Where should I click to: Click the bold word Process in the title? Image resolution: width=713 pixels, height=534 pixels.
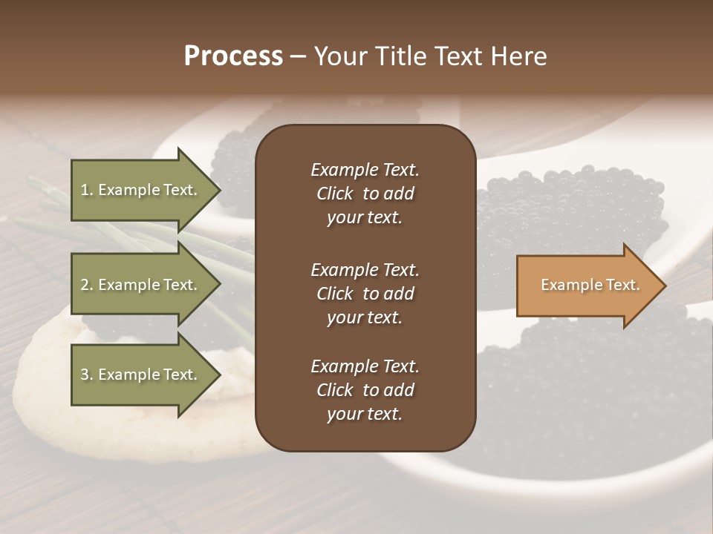[233, 56]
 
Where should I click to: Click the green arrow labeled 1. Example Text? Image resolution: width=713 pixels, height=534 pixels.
[141, 190]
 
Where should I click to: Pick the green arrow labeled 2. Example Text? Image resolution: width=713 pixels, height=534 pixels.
[141, 285]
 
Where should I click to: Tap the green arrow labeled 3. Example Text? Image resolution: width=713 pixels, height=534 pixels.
[141, 375]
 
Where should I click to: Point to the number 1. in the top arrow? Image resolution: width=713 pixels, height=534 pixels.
[88, 190]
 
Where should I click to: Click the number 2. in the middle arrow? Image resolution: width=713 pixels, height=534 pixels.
[88, 285]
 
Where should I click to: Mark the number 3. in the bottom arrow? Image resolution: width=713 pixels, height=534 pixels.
[88, 375]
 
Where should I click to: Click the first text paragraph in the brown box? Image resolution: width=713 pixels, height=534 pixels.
[365, 194]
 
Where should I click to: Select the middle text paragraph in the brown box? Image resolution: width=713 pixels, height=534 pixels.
[365, 293]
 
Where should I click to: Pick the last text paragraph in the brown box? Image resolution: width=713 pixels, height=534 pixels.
[365, 390]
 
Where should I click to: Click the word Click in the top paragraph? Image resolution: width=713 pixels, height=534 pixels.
[334, 194]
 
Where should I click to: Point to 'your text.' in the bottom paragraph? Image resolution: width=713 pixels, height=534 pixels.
[365, 414]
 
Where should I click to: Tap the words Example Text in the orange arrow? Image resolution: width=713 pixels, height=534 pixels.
[590, 286]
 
